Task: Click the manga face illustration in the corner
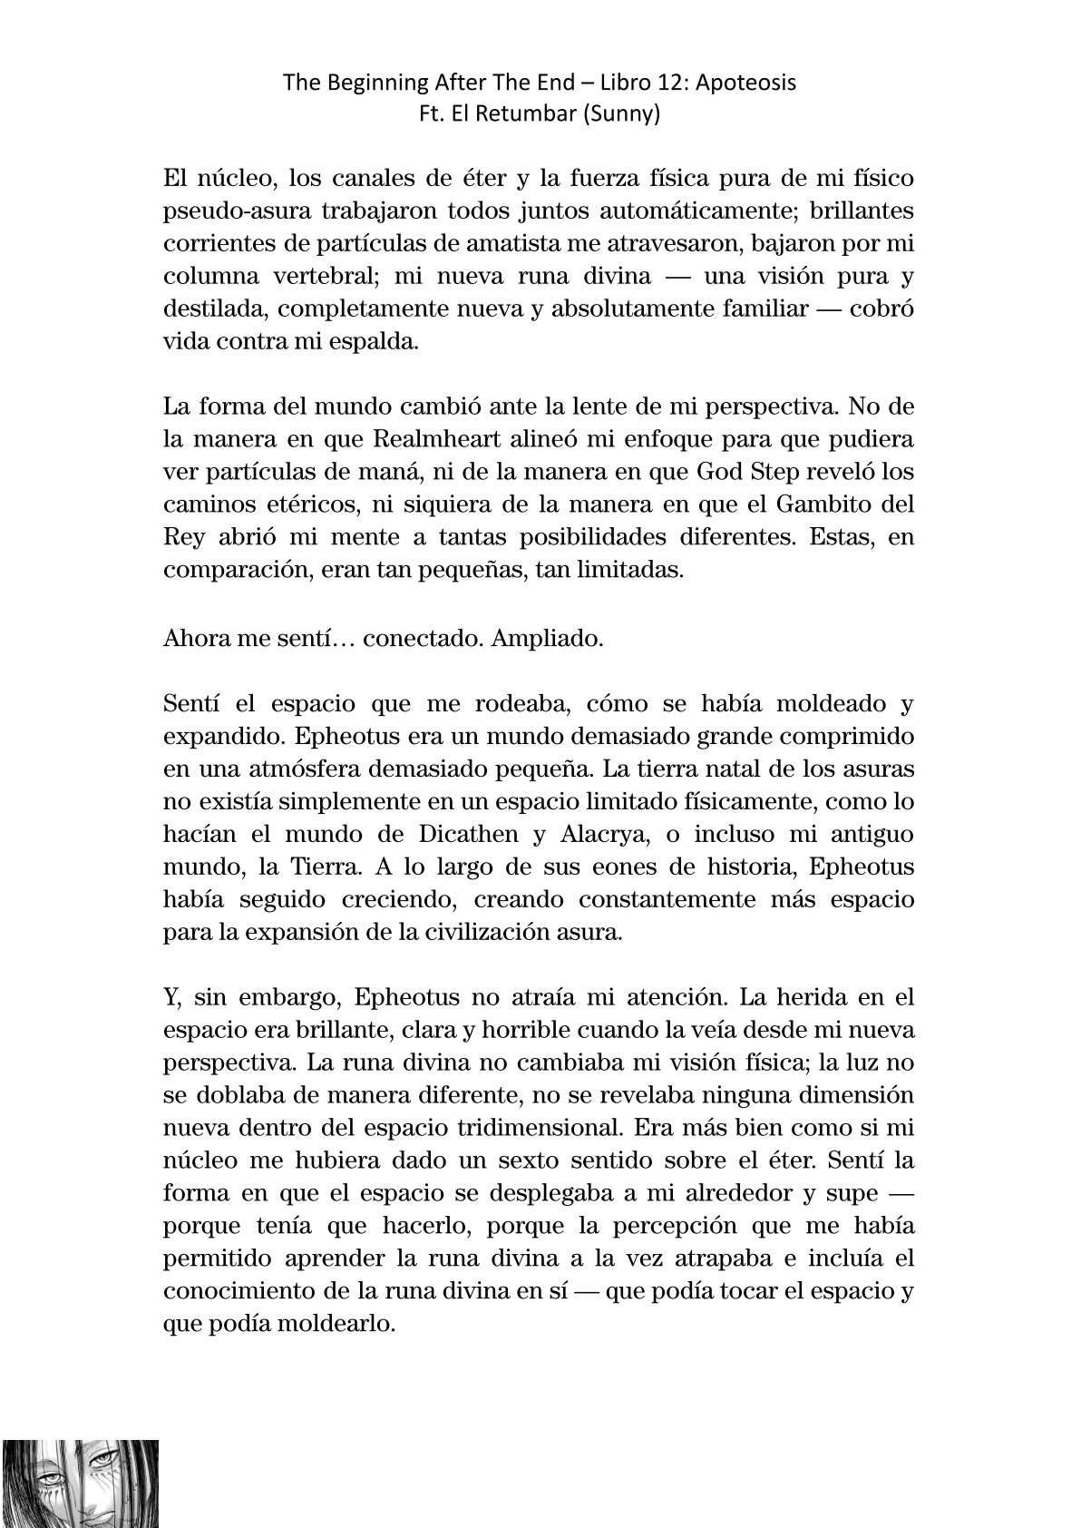[80, 1482]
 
